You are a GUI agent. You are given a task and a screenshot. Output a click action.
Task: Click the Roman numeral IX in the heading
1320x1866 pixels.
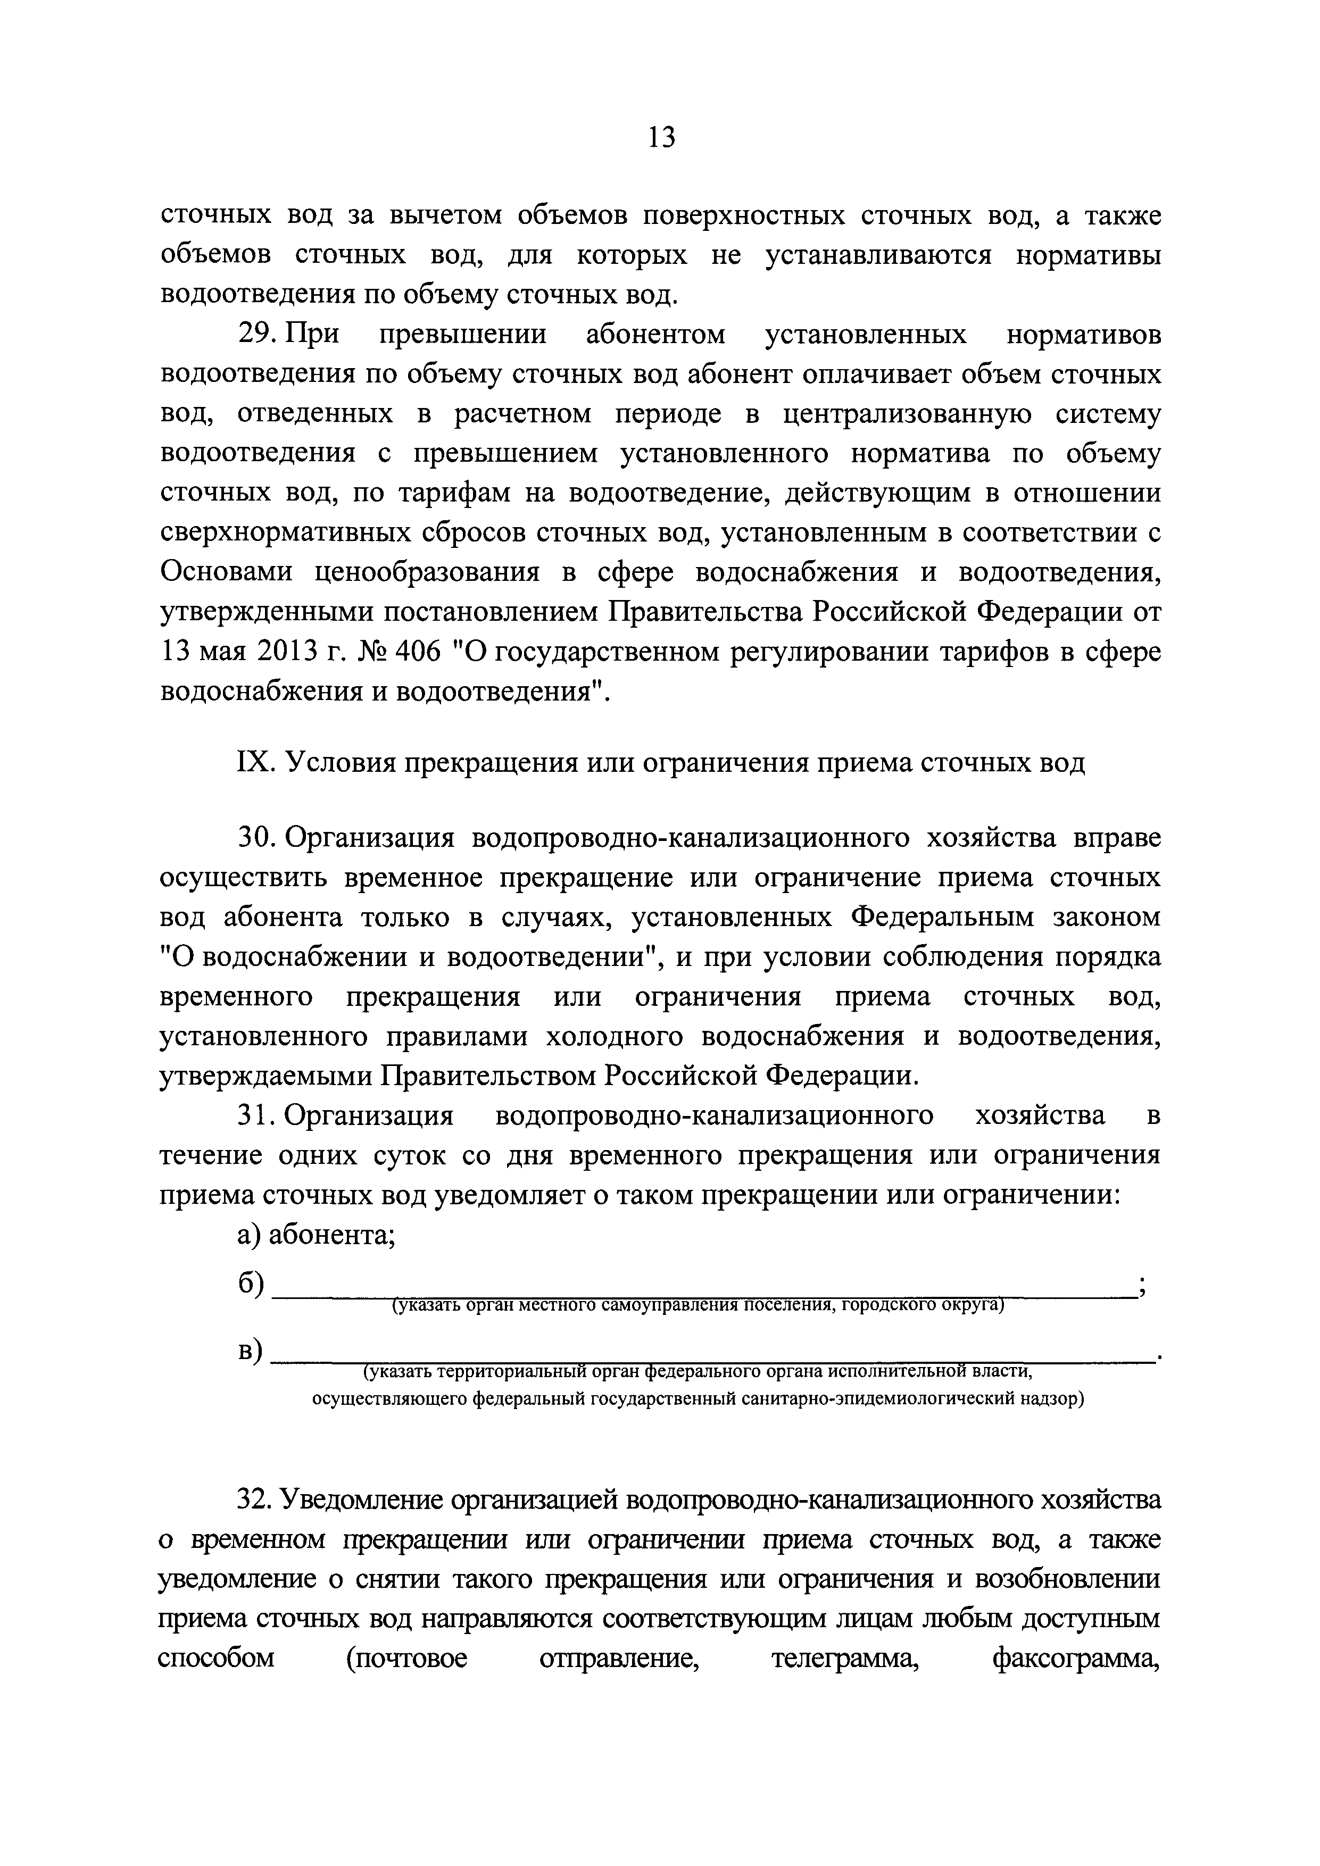[x=253, y=763]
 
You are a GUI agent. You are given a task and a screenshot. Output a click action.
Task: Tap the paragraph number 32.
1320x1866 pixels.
[x=258, y=1501]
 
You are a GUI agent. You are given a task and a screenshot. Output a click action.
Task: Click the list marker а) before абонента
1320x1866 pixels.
[x=248, y=1235]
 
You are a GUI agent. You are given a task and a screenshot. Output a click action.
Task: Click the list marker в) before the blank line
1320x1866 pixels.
[x=250, y=1350]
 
